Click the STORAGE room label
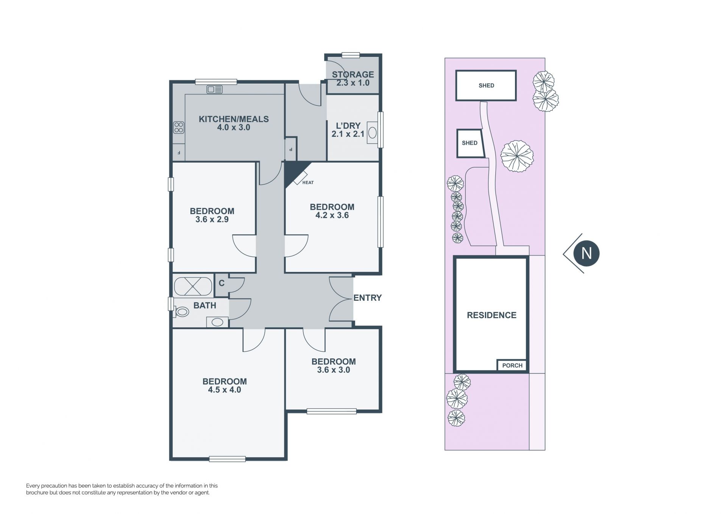click(353, 75)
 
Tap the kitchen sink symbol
click(215, 89)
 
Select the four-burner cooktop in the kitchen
click(179, 128)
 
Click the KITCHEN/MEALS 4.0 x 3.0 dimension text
click(234, 128)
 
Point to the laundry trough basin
click(373, 133)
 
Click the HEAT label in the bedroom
click(308, 183)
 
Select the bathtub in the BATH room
click(193, 286)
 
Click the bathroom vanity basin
click(217, 322)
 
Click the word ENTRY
click(367, 298)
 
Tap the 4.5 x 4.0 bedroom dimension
click(225, 390)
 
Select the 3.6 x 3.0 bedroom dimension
click(333, 370)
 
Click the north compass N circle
click(586, 253)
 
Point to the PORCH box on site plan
click(512, 365)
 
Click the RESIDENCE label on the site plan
click(491, 315)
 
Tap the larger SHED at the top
click(486, 86)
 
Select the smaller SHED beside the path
click(470, 143)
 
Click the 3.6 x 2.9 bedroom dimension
click(212, 219)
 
